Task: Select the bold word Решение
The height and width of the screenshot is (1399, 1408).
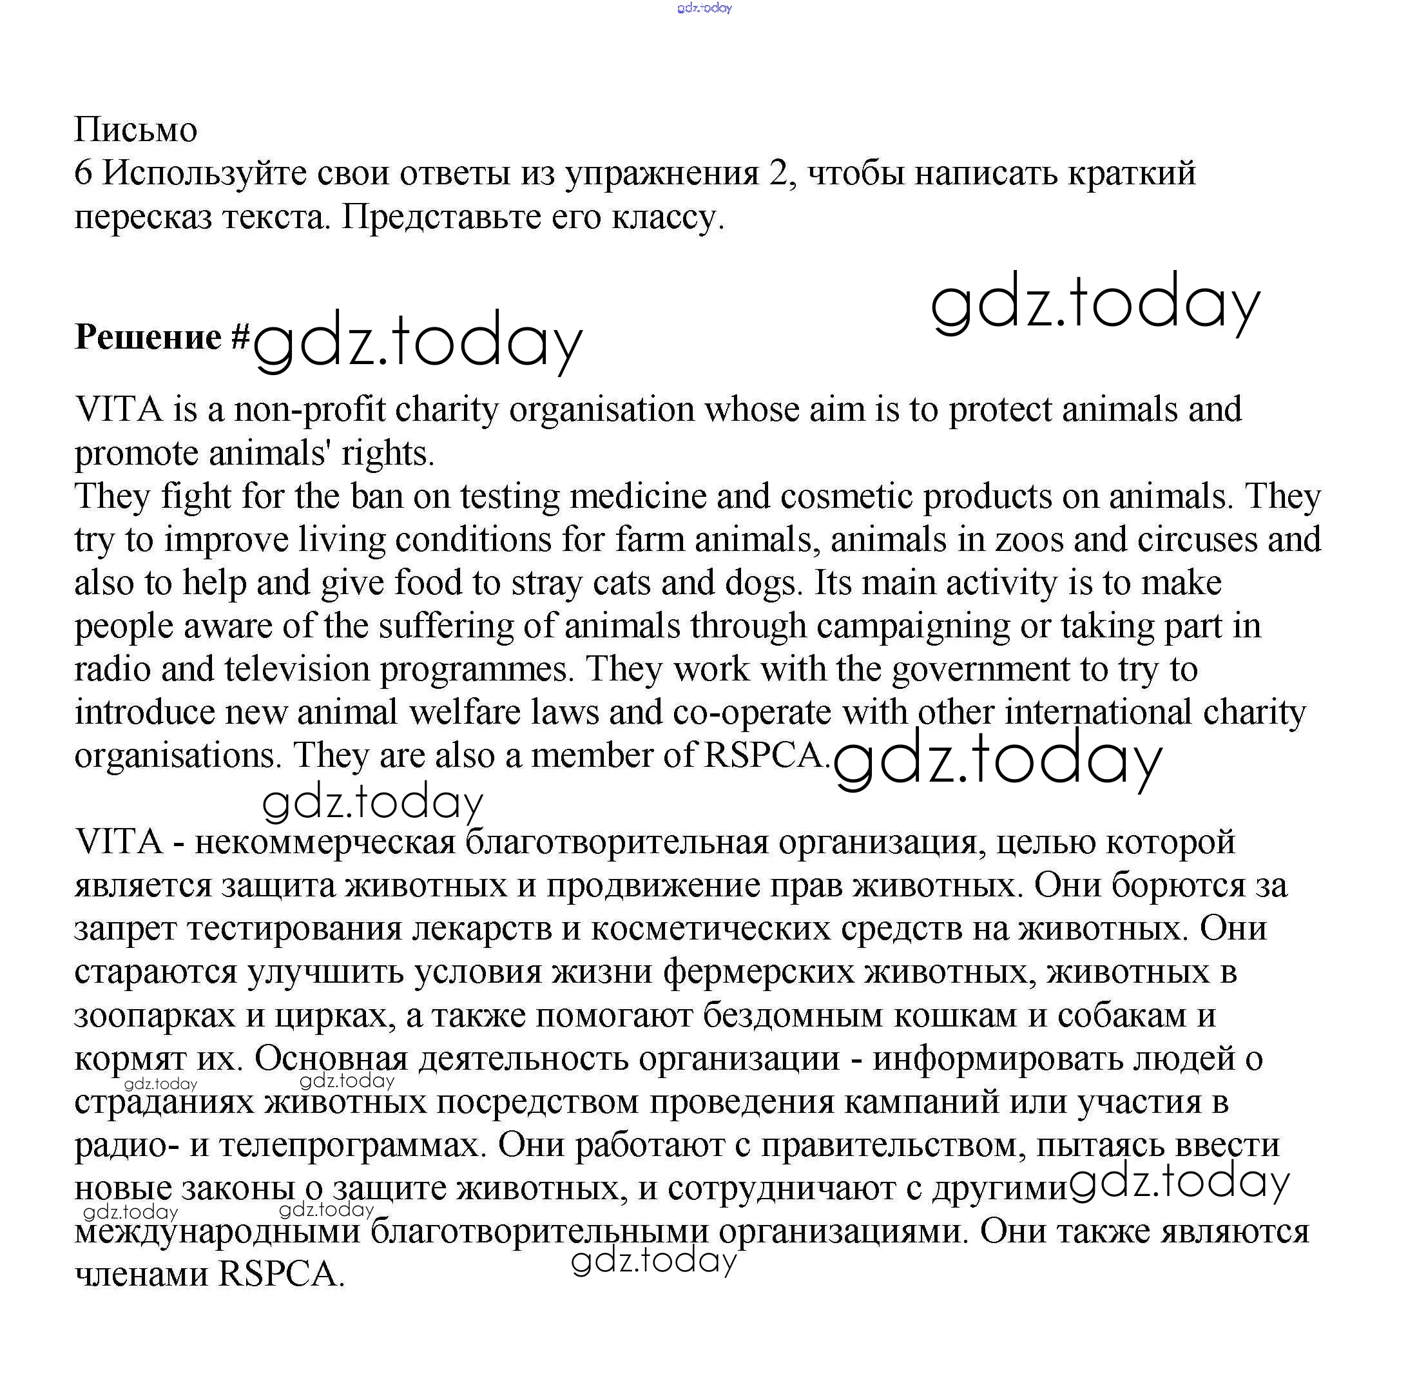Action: pyautogui.click(x=148, y=338)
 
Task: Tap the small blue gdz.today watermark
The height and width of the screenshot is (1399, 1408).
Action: pyautogui.click(x=704, y=8)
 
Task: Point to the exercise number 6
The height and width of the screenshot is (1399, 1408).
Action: pyautogui.click(x=83, y=174)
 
